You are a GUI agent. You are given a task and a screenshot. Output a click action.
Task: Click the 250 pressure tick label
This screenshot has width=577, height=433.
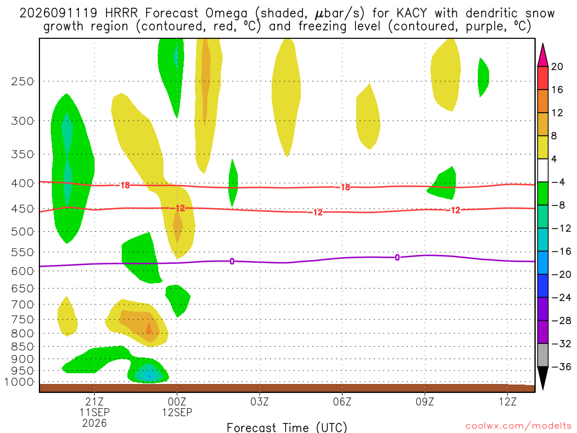pyautogui.click(x=23, y=81)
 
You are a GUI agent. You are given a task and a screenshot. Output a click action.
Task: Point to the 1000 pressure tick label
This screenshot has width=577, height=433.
pyautogui.click(x=20, y=382)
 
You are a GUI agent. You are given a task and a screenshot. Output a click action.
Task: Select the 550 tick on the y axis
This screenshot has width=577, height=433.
pyautogui.click(x=23, y=253)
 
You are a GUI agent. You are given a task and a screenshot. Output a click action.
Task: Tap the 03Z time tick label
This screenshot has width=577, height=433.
pyautogui.click(x=259, y=401)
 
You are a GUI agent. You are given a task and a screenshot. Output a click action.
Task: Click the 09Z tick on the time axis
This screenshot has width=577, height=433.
pyautogui.click(x=425, y=401)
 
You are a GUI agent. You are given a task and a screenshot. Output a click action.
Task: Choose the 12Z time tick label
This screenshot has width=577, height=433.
pyautogui.click(x=508, y=401)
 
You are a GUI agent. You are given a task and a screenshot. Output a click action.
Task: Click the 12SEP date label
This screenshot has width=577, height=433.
pyautogui.click(x=177, y=412)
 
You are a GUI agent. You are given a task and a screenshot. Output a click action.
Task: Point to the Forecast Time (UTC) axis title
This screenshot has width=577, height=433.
pyautogui.click(x=287, y=427)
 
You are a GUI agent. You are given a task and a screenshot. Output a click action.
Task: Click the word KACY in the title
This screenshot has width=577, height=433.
pyautogui.click(x=412, y=14)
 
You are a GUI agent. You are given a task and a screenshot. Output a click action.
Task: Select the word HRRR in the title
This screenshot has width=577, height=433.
pyautogui.click(x=121, y=14)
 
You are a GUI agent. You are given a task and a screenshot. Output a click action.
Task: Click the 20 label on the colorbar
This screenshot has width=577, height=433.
pyautogui.click(x=557, y=67)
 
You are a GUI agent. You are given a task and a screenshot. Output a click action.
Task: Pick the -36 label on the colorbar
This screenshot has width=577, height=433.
pyautogui.click(x=561, y=366)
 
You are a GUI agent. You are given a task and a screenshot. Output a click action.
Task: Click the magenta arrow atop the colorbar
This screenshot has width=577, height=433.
pyautogui.click(x=543, y=55)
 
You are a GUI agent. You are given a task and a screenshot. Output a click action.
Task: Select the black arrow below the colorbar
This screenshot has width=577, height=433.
pyautogui.click(x=543, y=378)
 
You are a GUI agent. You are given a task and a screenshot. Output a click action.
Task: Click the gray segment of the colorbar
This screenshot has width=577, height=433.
pyautogui.click(x=543, y=355)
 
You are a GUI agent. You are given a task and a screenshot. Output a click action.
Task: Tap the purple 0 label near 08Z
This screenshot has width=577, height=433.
pyautogui.click(x=397, y=257)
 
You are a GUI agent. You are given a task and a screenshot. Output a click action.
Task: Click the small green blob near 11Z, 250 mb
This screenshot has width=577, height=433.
pyautogui.click(x=483, y=77)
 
